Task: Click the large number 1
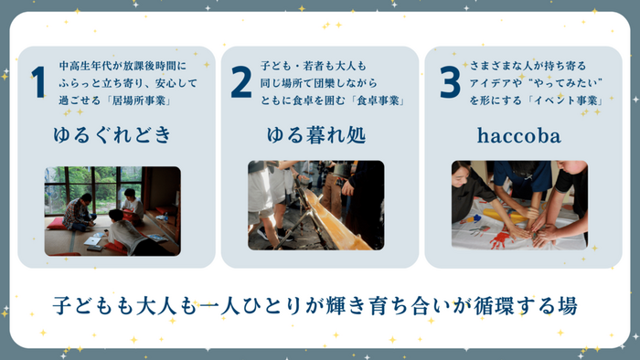[x=38, y=82]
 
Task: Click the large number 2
[x=240, y=82]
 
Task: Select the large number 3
[x=450, y=82]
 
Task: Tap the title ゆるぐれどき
[x=112, y=135]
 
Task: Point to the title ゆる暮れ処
[x=316, y=135]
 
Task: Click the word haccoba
[x=518, y=135]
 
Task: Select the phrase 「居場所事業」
[x=139, y=101]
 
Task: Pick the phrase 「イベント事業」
[x=570, y=101]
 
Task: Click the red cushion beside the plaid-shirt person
[x=57, y=224]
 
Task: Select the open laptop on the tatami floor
[x=93, y=240]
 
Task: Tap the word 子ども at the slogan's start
[x=84, y=306]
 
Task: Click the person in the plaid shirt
[x=79, y=212]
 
